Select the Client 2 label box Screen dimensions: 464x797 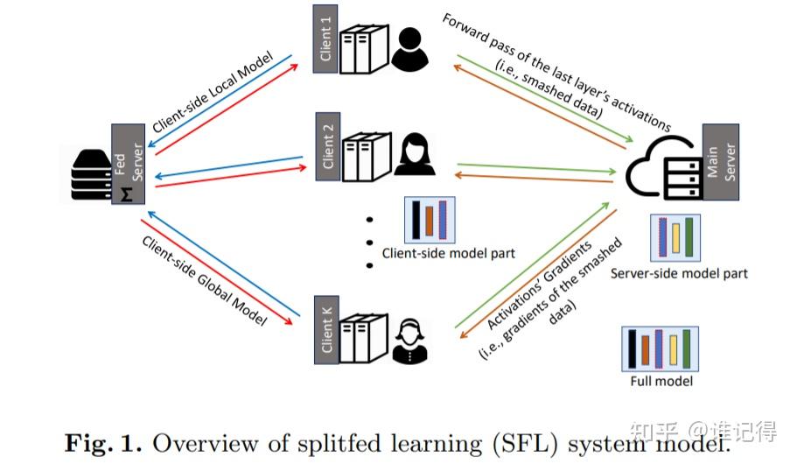[x=328, y=146]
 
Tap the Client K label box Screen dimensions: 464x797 [x=325, y=330]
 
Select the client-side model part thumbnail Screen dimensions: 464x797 [x=429, y=220]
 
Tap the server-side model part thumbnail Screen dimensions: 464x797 [x=676, y=237]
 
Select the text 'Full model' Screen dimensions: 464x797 [x=661, y=382]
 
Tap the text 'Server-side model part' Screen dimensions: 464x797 [x=679, y=273]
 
